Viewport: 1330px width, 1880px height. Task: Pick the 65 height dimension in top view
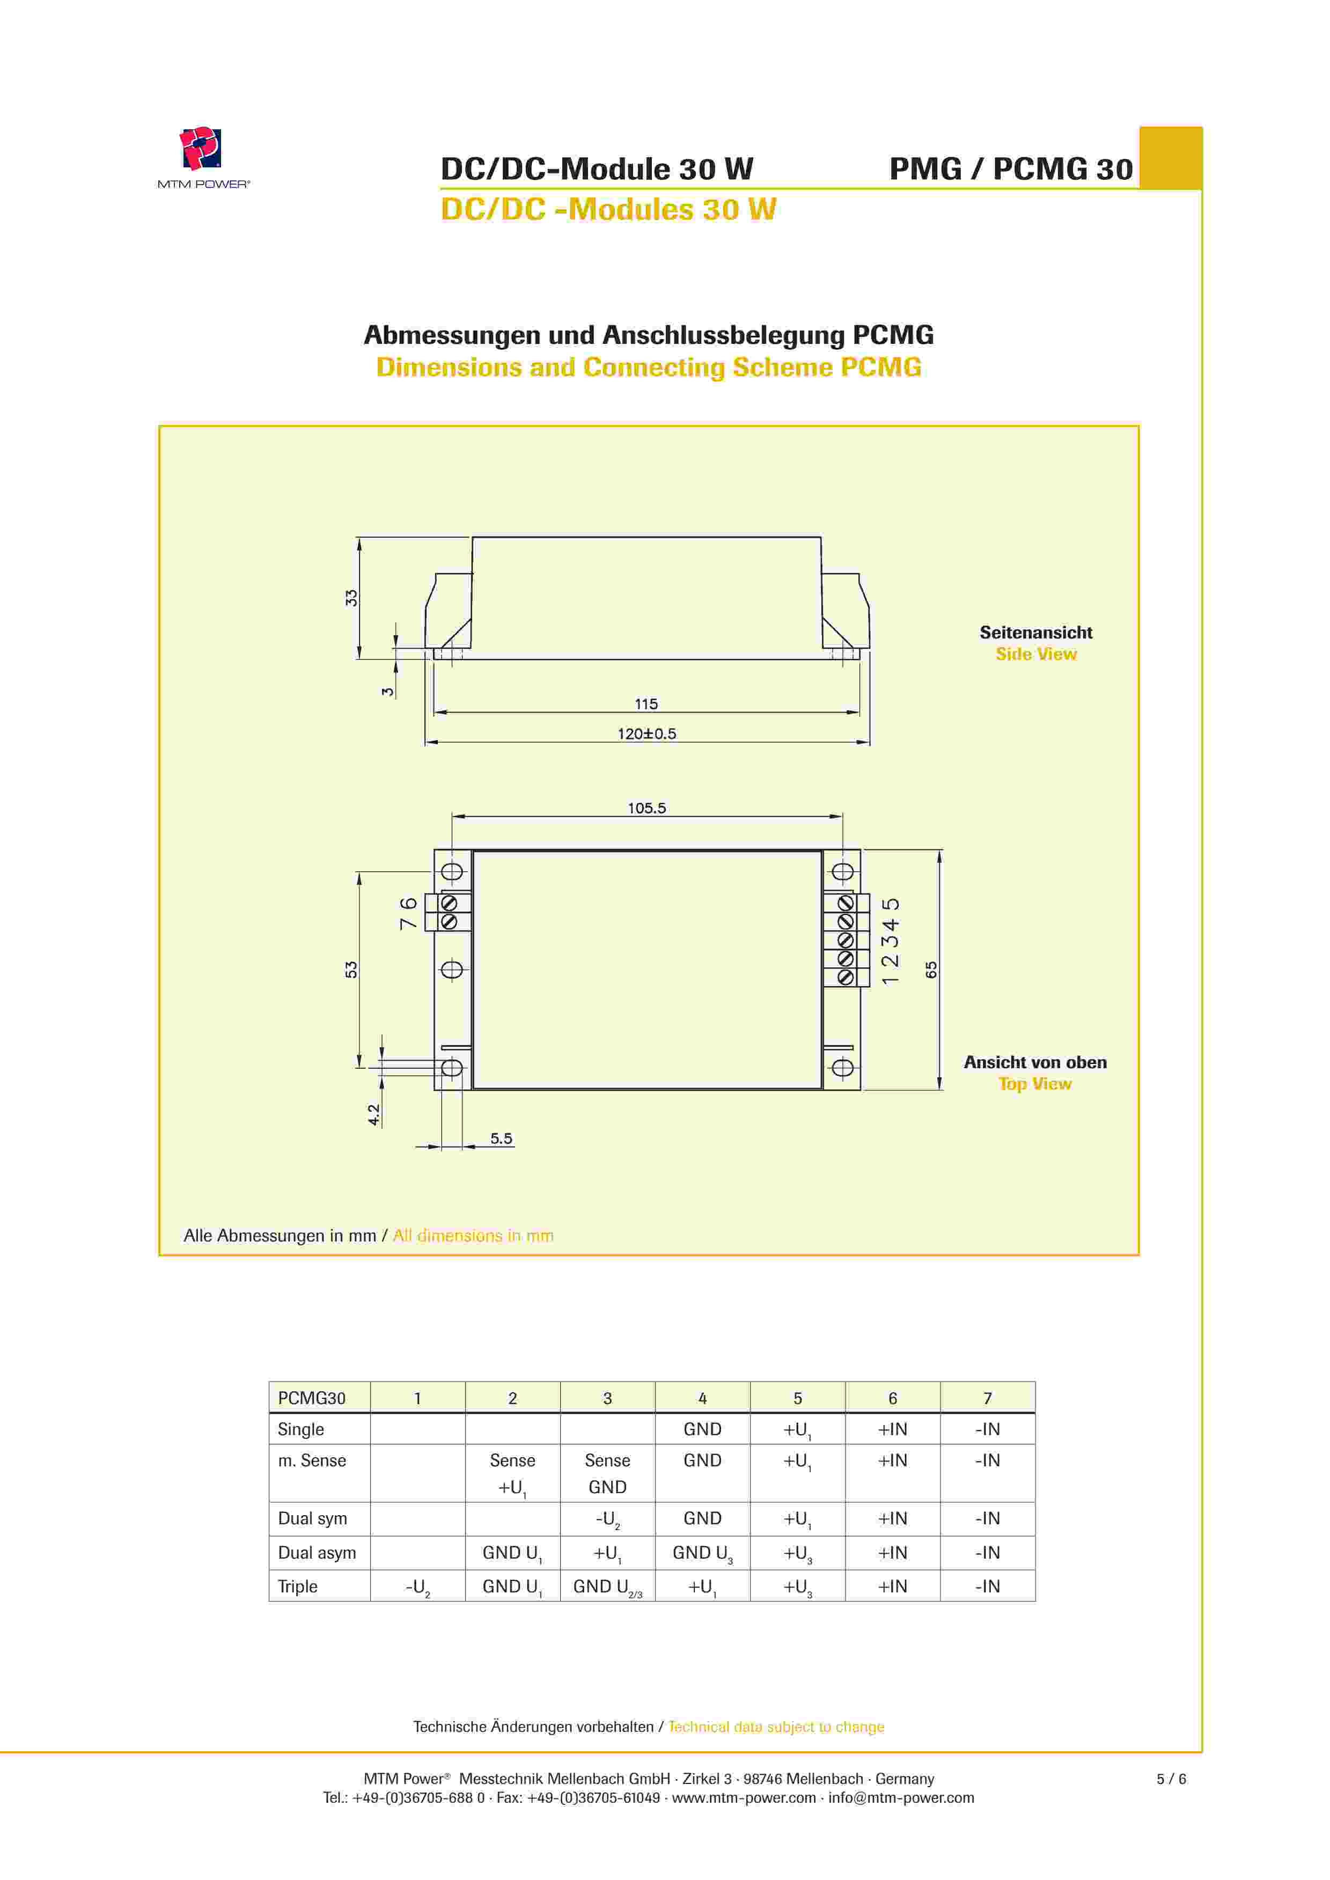click(x=931, y=970)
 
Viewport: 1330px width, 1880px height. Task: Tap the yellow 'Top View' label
click(x=1034, y=1084)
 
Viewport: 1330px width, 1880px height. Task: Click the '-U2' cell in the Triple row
click(x=418, y=1587)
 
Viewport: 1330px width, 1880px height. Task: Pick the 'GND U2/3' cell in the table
click(x=608, y=1587)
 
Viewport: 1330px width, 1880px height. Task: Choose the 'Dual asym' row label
click(x=317, y=1553)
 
